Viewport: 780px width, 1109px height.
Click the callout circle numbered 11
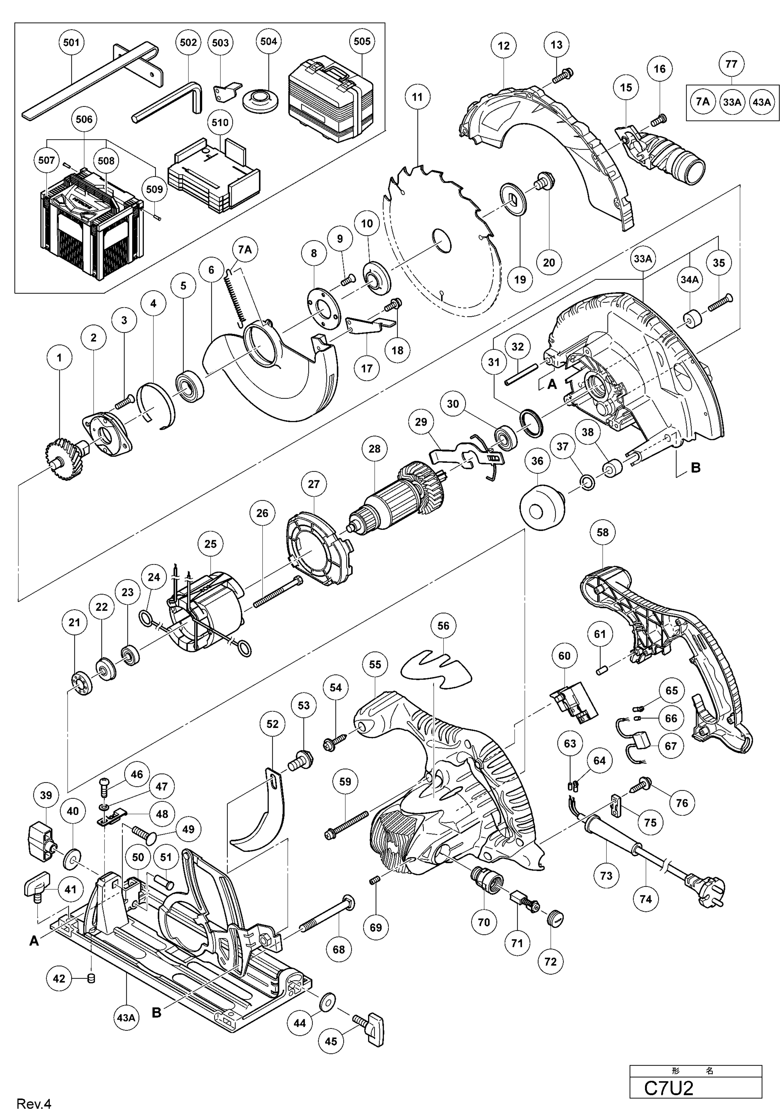coord(417,97)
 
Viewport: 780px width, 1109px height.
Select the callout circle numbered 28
coord(375,449)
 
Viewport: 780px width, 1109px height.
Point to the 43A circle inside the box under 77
coord(762,102)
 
